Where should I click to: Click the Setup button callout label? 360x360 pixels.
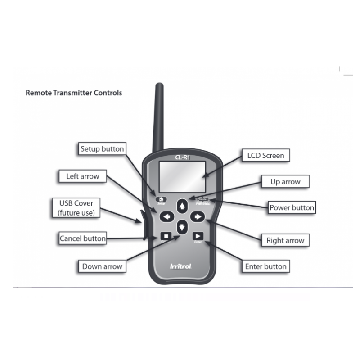tap(102, 148)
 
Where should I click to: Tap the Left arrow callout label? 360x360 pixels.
tap(83, 176)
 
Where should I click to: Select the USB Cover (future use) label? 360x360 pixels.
tap(76, 208)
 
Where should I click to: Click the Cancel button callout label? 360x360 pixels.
tap(83, 238)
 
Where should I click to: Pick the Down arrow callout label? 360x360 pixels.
tap(102, 266)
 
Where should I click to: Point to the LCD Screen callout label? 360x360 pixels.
tap(265, 156)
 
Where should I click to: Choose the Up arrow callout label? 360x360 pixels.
tap(285, 182)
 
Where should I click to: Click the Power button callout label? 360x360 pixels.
tap(292, 208)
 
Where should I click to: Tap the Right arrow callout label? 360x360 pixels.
tap(285, 240)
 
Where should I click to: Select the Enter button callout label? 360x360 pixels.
tap(265, 266)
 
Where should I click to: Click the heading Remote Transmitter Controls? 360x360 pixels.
tap(74, 93)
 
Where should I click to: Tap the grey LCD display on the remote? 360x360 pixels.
tap(182, 175)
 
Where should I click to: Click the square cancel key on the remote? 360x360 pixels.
tap(165, 235)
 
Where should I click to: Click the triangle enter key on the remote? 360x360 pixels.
tap(198, 235)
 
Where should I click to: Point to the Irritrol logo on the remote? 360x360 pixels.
tap(181, 266)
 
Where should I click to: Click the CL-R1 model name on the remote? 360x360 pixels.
tap(181, 157)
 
